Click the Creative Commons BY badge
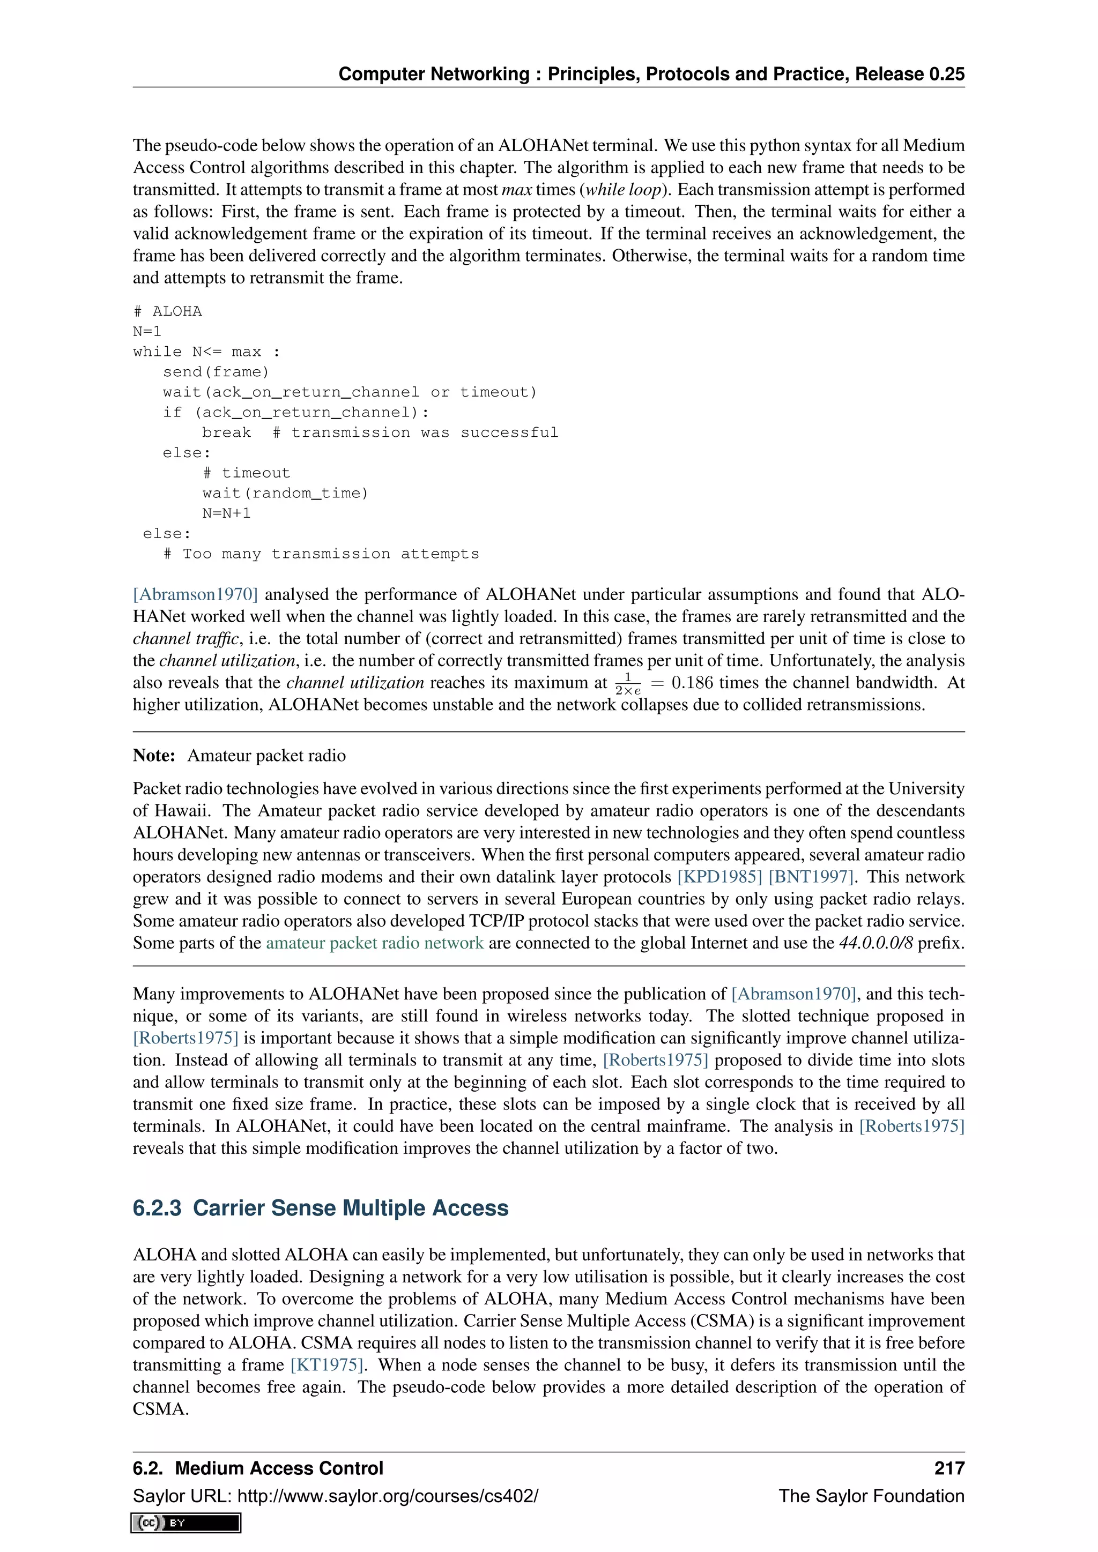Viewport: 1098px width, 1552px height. click(186, 1523)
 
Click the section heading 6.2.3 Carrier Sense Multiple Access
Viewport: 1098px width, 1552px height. click(321, 1207)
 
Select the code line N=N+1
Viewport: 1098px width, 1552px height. click(226, 513)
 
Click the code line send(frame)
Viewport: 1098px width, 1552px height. click(216, 372)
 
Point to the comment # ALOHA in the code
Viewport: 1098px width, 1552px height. click(168, 311)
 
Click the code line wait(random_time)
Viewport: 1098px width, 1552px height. click(285, 493)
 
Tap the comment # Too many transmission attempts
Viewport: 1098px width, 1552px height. click(321, 554)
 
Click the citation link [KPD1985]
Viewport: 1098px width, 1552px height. click(719, 877)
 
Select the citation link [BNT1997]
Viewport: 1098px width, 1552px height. click(811, 877)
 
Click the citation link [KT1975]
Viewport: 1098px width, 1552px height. click(327, 1364)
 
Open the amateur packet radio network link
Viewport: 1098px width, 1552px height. click(375, 943)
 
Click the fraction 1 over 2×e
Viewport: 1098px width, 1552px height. click(627, 683)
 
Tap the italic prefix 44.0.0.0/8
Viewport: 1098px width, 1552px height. click(876, 943)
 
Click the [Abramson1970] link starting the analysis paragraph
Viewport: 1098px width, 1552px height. click(195, 594)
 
